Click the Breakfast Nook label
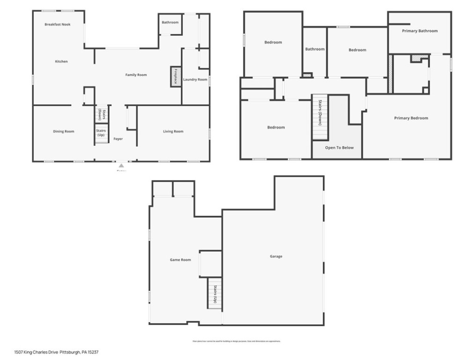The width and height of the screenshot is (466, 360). (58, 24)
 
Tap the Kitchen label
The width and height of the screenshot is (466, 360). (61, 61)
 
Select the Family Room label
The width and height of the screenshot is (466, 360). (136, 75)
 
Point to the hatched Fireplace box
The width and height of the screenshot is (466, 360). (176, 76)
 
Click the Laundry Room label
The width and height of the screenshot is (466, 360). (195, 80)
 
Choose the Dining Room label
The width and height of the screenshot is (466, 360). (64, 131)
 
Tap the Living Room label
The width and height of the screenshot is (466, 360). (173, 131)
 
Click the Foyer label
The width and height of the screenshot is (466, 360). (118, 139)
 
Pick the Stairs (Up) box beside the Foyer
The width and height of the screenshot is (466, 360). (101, 133)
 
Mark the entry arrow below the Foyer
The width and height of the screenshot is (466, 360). (121, 165)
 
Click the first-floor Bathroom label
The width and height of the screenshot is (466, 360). (170, 22)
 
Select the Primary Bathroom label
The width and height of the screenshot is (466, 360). (420, 31)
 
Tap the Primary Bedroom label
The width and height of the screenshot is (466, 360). (411, 118)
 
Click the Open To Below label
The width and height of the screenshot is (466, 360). (340, 148)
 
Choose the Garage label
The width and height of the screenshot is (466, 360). (276, 256)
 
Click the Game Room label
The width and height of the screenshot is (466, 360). (180, 260)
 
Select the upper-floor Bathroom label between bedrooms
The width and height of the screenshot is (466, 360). (315, 49)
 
